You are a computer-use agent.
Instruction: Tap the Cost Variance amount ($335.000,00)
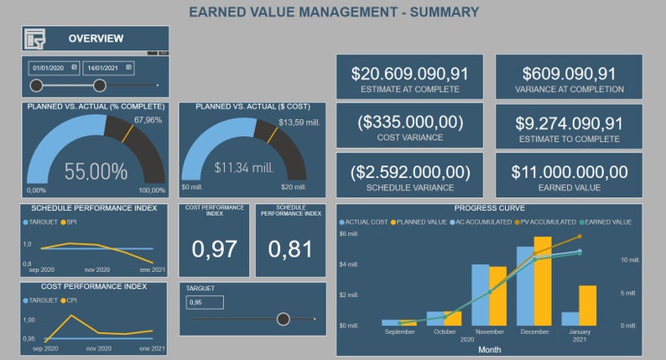click(x=409, y=122)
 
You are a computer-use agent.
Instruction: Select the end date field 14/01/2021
click(x=108, y=67)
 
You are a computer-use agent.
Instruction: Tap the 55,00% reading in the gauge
click(x=96, y=172)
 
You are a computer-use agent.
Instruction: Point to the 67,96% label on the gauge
click(x=147, y=120)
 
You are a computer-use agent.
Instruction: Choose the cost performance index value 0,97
click(x=214, y=248)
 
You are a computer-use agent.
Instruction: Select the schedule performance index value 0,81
click(x=290, y=248)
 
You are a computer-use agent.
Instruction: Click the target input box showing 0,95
click(x=205, y=302)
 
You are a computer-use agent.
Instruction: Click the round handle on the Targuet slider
click(x=284, y=319)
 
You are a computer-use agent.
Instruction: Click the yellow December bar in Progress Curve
click(x=543, y=281)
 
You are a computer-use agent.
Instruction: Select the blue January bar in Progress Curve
click(x=570, y=318)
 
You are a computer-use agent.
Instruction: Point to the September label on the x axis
click(x=400, y=331)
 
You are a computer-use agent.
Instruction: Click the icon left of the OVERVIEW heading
click(x=36, y=39)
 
